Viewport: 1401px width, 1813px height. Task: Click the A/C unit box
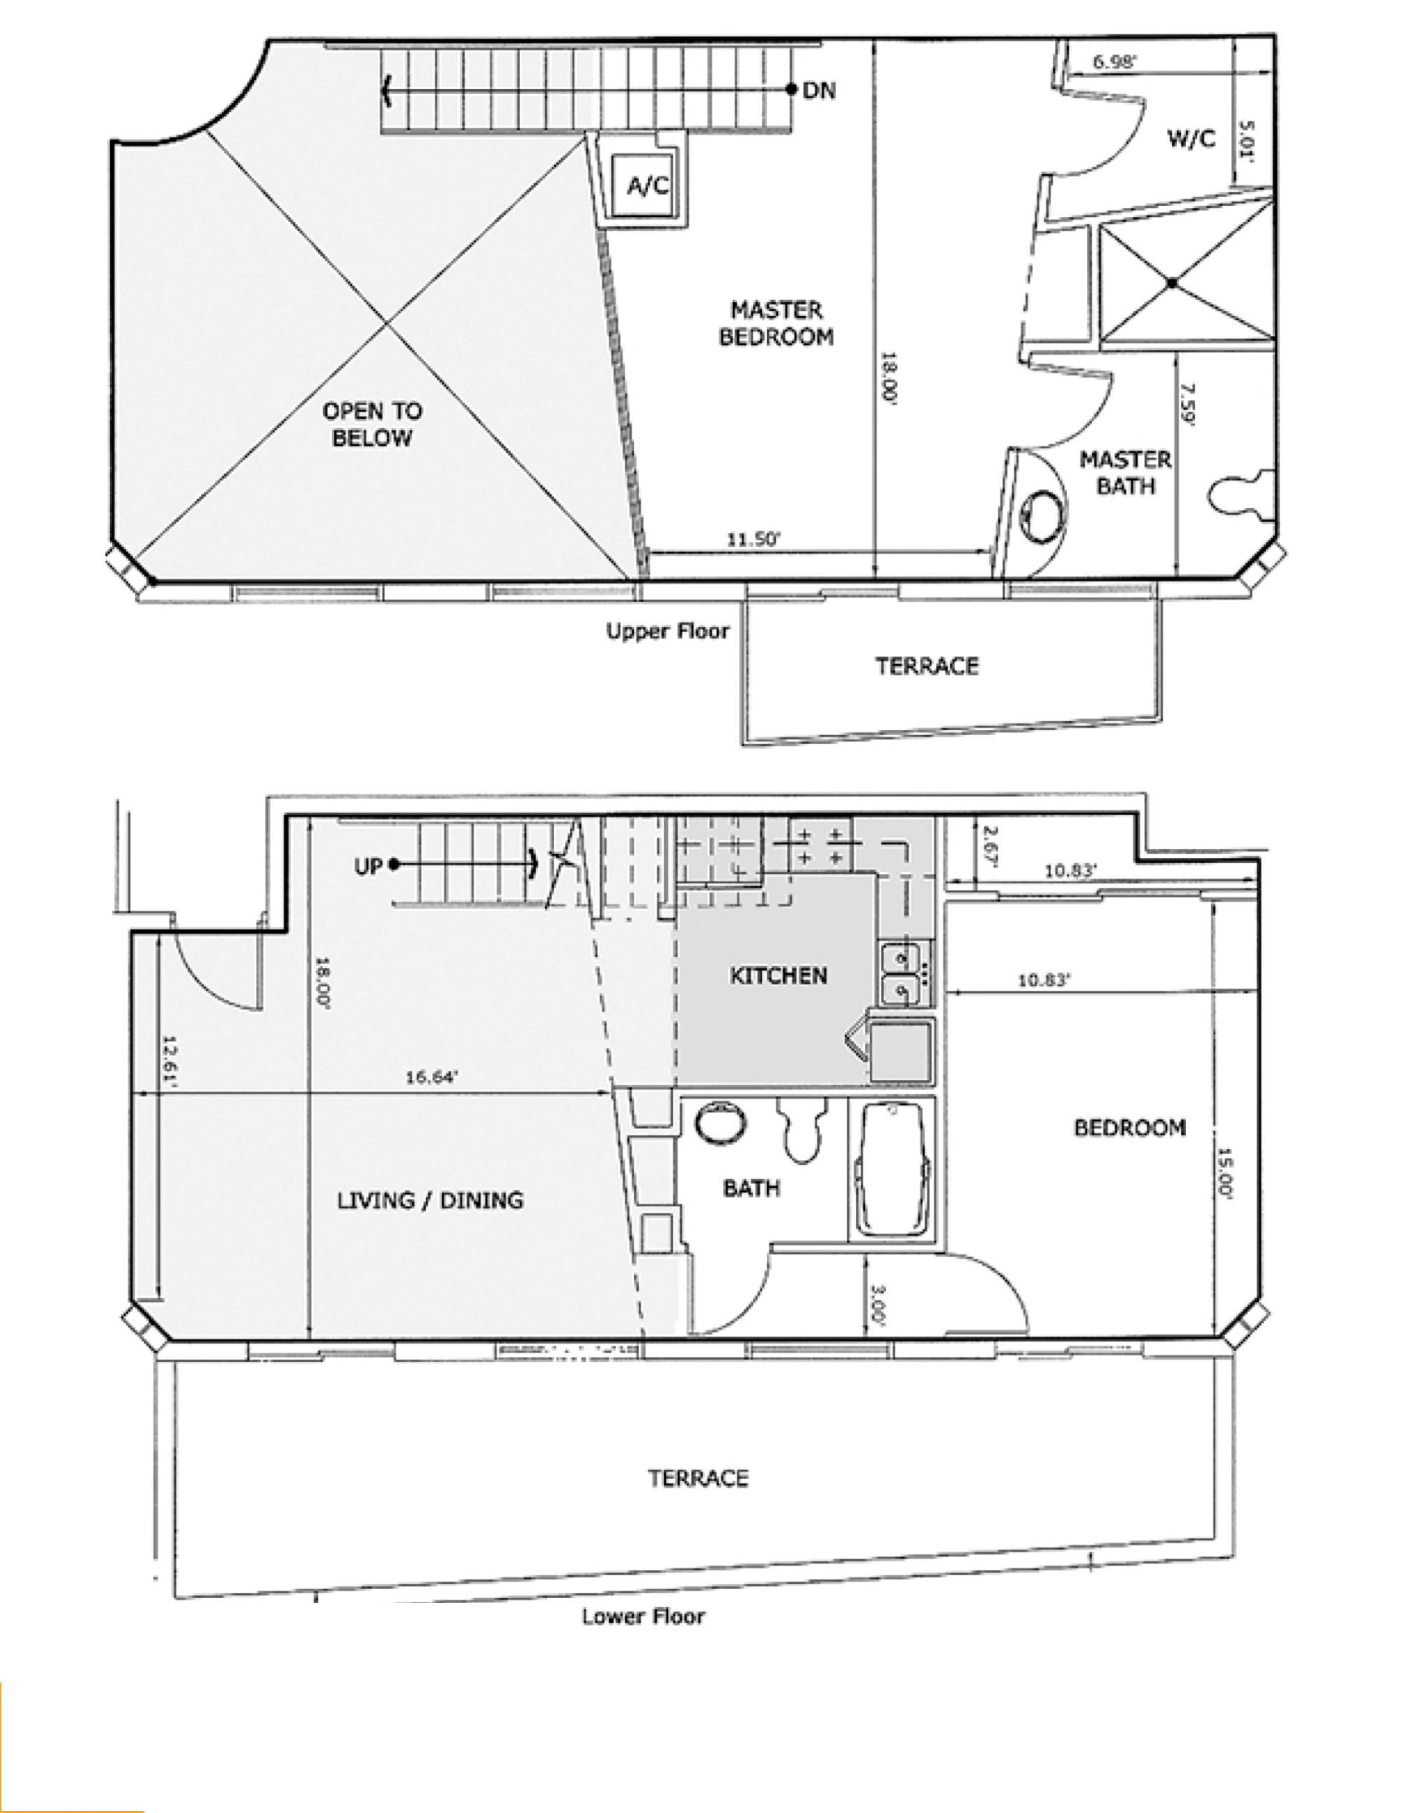click(x=647, y=184)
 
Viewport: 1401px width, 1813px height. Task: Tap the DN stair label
click(x=819, y=90)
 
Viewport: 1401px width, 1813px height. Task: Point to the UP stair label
click(x=368, y=867)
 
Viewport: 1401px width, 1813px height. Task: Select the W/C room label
click(x=1191, y=139)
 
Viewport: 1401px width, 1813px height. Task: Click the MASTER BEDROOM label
click(x=776, y=323)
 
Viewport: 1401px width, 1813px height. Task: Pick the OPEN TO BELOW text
click(x=372, y=425)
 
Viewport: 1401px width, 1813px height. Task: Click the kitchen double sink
click(x=902, y=974)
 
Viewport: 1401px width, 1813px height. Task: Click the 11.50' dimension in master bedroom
click(x=754, y=539)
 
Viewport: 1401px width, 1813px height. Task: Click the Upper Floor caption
click(x=668, y=632)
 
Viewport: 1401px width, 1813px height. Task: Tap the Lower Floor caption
click(x=643, y=1616)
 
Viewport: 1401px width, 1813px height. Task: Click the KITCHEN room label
click(x=778, y=975)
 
